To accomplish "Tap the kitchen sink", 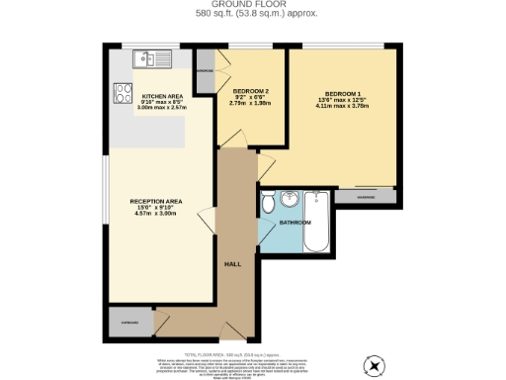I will coord(155,57).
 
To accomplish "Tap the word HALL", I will coord(233,264).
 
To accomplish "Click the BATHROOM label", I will coord(294,223).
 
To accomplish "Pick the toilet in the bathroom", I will coord(268,205).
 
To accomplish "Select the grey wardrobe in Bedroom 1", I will coord(365,196).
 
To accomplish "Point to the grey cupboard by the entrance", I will coord(129,322).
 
